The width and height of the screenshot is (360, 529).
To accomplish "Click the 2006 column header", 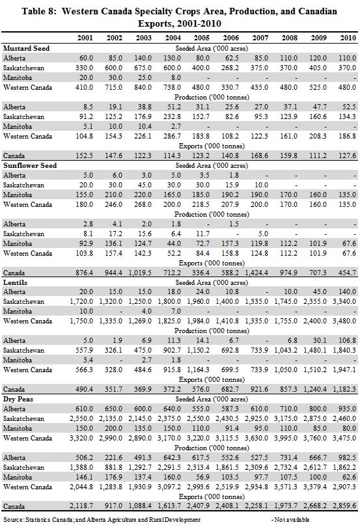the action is tap(231, 38).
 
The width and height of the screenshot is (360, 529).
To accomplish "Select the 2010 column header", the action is tap(348, 38).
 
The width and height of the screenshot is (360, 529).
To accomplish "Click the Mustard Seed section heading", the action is tap(26, 48).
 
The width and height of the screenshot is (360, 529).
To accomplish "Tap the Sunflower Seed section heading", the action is tap(30, 165).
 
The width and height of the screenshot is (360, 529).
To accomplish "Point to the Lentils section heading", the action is tap(15, 282).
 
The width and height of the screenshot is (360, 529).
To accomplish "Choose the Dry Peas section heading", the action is tap(18, 399).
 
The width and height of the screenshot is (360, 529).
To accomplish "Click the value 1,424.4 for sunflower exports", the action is tap(256, 273).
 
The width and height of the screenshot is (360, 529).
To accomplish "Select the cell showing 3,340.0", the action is tap(344, 301).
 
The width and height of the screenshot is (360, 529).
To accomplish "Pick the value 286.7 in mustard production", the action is tap(172, 136).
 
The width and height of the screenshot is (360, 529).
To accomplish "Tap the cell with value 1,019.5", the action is tap(140, 273).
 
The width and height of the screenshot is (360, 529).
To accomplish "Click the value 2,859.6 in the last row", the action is tap(344, 506).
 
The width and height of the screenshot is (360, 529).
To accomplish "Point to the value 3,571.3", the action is tap(286, 487).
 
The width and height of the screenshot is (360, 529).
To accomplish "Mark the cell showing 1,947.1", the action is tap(344, 370).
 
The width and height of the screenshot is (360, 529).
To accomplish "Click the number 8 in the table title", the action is tap(49, 12).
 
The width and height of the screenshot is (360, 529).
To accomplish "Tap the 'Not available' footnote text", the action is tap(292, 519).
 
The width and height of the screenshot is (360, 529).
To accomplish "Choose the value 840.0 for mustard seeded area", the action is tap(143, 87).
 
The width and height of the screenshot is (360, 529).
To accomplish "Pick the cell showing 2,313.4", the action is tap(198, 467).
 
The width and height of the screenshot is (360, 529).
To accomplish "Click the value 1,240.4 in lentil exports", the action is tap(315, 389).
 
